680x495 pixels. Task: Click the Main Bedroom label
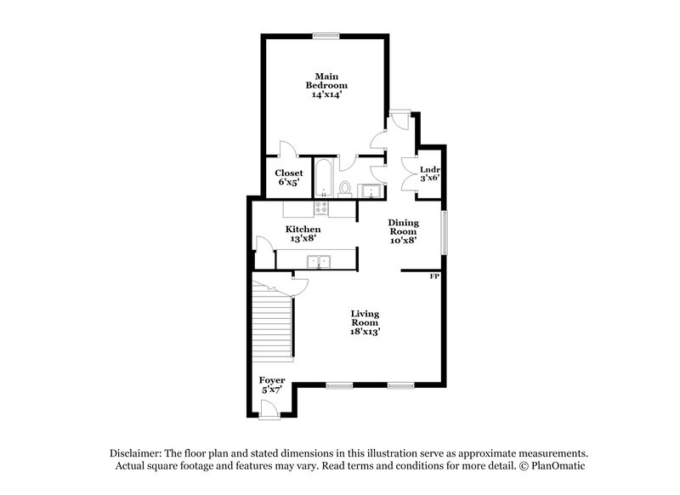[x=327, y=86]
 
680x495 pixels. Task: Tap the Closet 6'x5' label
[x=288, y=177]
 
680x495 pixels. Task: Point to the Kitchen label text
[x=303, y=234]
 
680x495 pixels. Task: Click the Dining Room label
[x=404, y=232]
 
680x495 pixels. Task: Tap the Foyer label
[x=272, y=384]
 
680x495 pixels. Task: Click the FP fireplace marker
[x=433, y=276]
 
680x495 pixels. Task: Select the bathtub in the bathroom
[x=324, y=178]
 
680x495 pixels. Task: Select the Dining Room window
[x=444, y=230]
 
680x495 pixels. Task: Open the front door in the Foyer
[x=271, y=408]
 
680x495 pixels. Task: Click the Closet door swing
[x=287, y=148]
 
